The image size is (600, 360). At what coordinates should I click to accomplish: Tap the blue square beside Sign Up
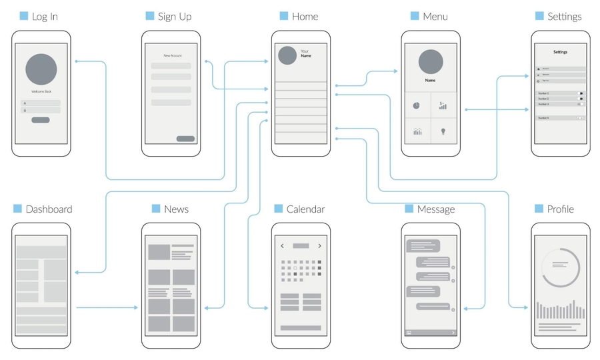(149, 16)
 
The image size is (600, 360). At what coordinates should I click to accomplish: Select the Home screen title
(305, 16)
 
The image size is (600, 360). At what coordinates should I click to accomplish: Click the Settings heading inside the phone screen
(560, 52)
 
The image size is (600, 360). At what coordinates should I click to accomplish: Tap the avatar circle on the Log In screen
(41, 69)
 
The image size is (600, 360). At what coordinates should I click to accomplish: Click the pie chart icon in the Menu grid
(416, 105)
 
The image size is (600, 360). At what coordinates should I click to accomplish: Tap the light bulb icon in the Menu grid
(443, 131)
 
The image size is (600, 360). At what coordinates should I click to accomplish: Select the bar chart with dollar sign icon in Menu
(443, 105)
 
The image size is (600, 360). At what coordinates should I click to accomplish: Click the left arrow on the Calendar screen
(282, 246)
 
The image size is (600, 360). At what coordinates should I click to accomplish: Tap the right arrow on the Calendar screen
(319, 246)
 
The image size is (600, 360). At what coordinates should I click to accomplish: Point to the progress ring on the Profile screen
(560, 267)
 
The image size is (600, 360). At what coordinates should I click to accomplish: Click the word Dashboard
(49, 209)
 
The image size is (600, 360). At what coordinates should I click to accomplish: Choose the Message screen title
(435, 209)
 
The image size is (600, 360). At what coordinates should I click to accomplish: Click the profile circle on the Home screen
(287, 55)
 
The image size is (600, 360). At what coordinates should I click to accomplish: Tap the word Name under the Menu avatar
(430, 80)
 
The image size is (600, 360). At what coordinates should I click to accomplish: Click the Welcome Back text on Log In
(41, 91)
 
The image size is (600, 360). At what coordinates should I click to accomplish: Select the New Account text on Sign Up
(172, 55)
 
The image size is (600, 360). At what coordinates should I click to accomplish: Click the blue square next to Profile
(539, 209)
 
